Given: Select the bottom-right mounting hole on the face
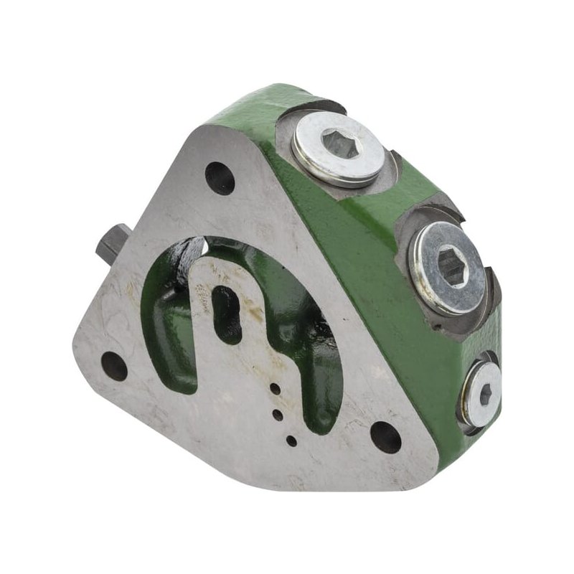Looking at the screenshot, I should click(385, 437).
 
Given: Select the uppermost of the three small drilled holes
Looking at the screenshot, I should click(275, 390).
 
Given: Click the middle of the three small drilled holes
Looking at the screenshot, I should click(278, 414).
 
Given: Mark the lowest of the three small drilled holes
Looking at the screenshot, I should click(291, 441).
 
